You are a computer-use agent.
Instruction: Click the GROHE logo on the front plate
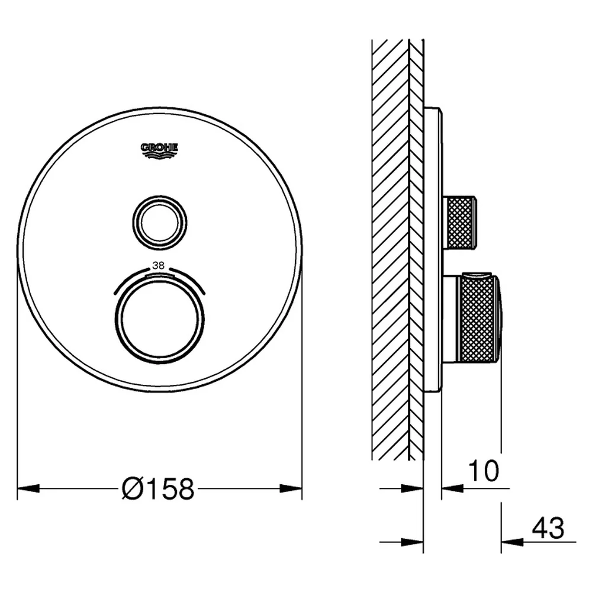pos(159,151)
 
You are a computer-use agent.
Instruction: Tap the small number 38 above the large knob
pos(158,266)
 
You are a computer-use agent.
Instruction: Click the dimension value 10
pos(484,471)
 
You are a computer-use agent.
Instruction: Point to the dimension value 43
pos(548,528)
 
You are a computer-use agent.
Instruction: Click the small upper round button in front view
pos(160,223)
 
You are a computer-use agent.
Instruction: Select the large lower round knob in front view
pos(160,319)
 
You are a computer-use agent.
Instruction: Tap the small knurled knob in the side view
pos(461,223)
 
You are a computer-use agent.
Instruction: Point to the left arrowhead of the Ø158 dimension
pos(28,488)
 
